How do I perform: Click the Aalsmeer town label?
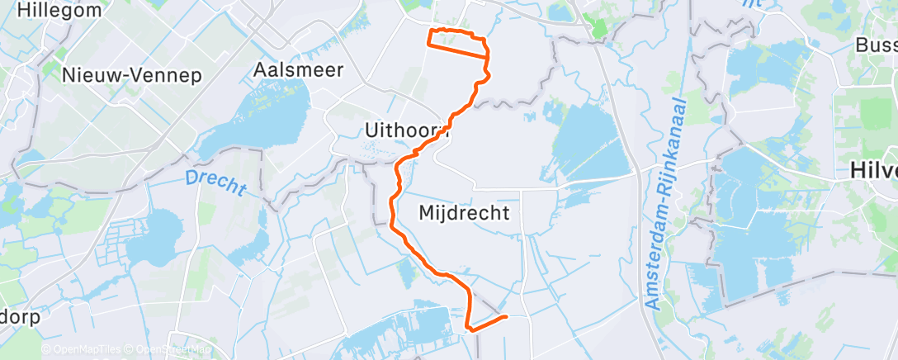pos(299,69)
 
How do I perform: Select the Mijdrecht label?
pos(464,213)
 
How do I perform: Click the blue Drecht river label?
pos(215,182)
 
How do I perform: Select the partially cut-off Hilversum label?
pos(874,170)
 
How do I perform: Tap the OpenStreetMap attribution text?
pos(172,350)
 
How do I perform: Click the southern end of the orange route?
pos(504,316)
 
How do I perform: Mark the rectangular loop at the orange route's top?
pos(456,42)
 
